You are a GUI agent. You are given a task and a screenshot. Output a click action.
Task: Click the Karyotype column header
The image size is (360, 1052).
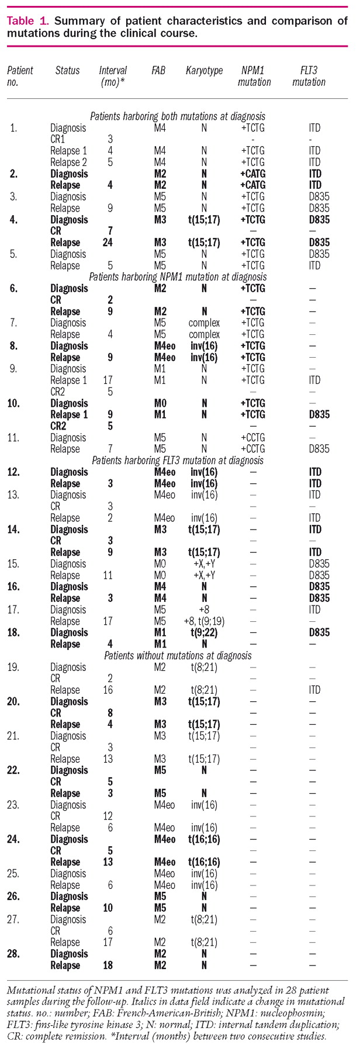tap(204, 71)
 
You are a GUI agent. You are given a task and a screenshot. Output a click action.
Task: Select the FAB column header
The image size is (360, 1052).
tap(158, 71)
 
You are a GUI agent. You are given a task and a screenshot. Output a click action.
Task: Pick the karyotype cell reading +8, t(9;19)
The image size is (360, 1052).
tap(204, 621)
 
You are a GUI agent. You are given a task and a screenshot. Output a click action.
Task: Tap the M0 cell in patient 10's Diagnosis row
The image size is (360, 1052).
tap(158, 403)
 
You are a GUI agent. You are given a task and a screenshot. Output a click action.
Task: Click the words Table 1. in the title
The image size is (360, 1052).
tap(27, 22)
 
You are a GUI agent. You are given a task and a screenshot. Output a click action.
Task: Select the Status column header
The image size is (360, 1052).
tap(67, 71)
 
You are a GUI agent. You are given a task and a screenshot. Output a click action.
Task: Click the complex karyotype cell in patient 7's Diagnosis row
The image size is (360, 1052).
tap(204, 323)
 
